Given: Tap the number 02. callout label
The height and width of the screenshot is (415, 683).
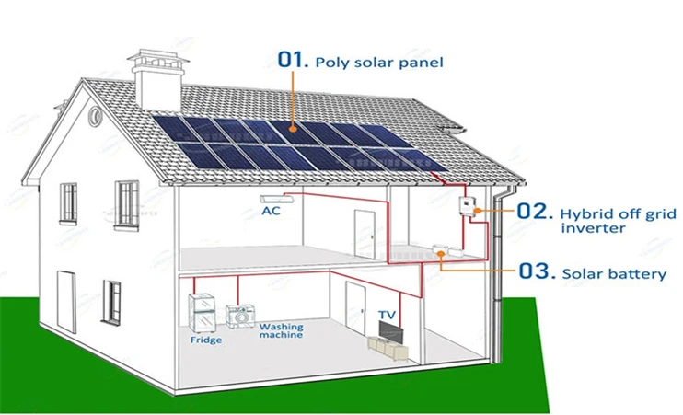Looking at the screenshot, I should pos(531,211).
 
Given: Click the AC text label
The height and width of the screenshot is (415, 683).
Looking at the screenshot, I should pos(272,211).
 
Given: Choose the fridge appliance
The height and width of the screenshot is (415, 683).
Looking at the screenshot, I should pos(203,313).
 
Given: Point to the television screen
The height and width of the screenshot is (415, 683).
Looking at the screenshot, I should pos(388,329).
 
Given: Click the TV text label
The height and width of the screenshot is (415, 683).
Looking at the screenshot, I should pos(388,315).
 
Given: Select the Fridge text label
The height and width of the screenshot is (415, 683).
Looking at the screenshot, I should pos(205,340).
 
